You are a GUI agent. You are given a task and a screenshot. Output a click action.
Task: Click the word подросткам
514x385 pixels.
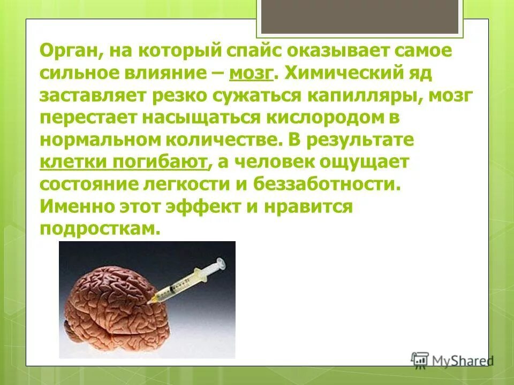[x=100, y=228]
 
